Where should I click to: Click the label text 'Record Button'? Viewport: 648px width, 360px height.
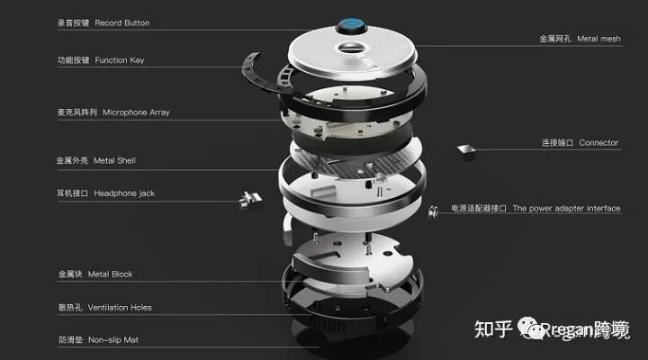coord(121,22)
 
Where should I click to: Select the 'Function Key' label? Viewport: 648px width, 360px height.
coord(119,60)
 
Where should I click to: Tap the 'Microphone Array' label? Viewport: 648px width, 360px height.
coord(136,112)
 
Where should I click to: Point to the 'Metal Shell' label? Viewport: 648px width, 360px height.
coord(114,160)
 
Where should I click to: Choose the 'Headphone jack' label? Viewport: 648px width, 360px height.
coord(124,193)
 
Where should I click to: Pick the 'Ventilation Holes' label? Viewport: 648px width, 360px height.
coord(122,307)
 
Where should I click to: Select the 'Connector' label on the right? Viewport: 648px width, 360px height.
coord(598,143)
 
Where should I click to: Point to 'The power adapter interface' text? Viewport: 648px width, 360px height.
coord(566,209)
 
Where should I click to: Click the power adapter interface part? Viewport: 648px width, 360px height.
coord(433,210)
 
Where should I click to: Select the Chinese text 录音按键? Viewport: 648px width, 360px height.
coord(73,22)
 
